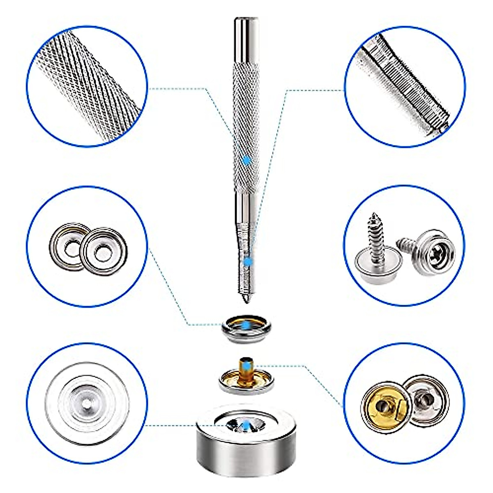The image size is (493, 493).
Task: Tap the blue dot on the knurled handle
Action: pos(246,161)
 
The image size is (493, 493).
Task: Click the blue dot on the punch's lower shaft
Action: pos(248,261)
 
